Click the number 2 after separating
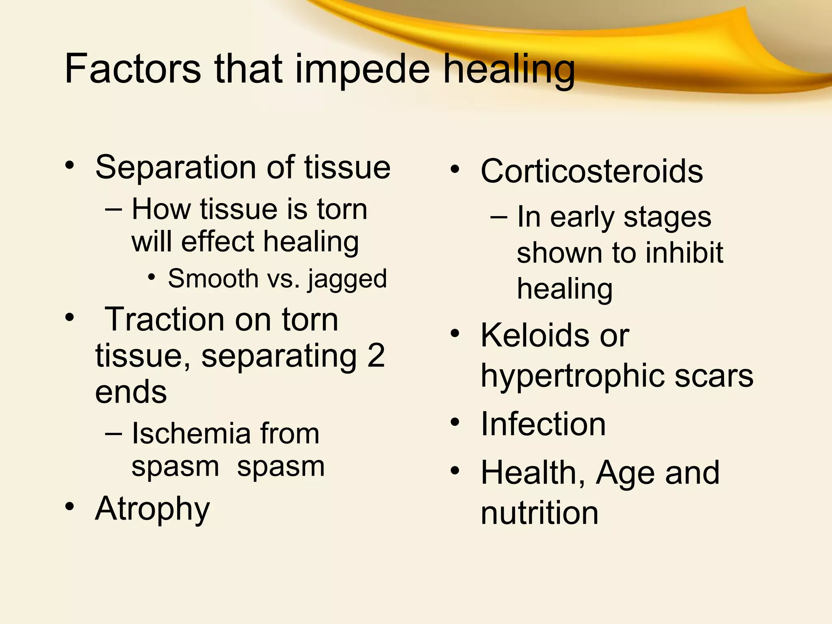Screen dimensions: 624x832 (376, 356)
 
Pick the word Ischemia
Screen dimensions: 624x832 (191, 434)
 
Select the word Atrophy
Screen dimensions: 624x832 (152, 509)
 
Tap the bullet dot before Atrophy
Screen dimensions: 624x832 (70, 507)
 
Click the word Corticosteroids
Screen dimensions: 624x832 (591, 171)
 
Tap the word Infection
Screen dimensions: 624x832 (543, 424)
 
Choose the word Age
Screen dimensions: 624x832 (625, 474)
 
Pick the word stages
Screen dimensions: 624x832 (667, 218)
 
